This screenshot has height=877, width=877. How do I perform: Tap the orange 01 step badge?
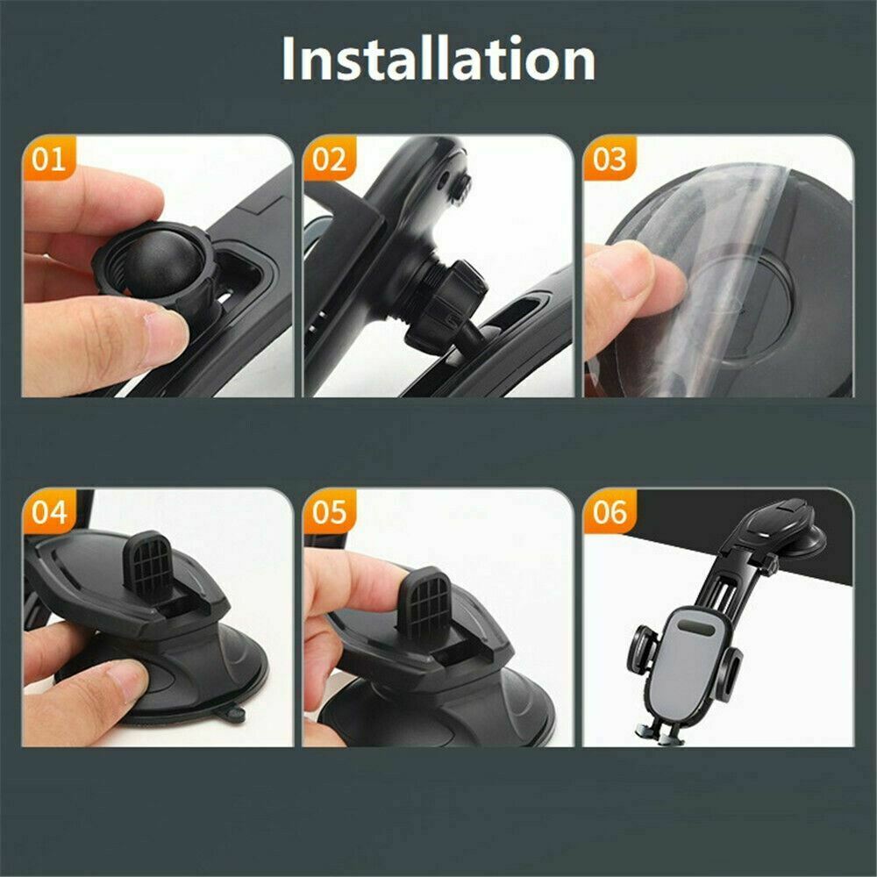[49, 160]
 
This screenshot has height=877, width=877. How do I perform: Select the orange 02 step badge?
[330, 160]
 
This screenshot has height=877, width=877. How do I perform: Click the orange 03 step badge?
[610, 160]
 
